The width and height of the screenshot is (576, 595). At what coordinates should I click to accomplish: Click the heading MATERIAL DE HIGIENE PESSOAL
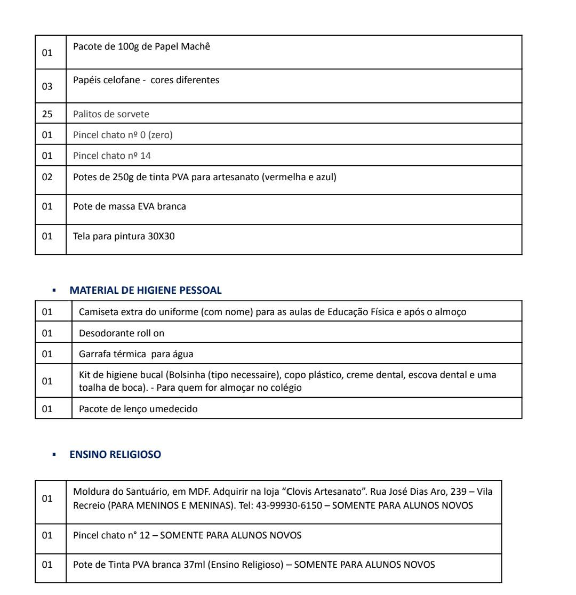145,291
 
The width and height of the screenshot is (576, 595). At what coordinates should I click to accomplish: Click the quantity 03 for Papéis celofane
47,86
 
